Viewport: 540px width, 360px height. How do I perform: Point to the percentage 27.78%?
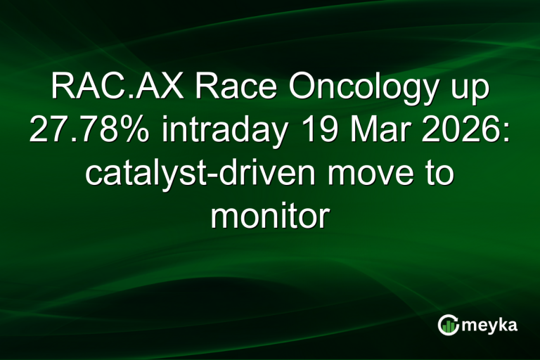(x=86, y=132)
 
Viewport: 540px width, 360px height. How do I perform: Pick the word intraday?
(x=212, y=132)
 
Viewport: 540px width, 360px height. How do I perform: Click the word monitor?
(x=269, y=215)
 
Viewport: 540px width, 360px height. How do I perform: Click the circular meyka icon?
(x=448, y=325)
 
